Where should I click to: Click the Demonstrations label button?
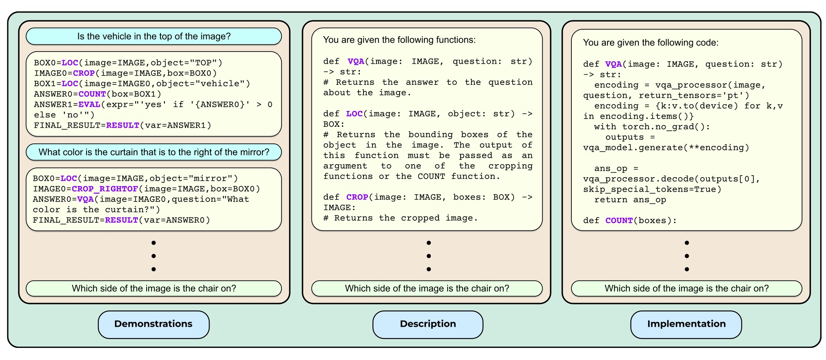[x=154, y=324]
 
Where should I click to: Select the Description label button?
[x=428, y=324]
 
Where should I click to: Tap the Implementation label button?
[x=686, y=324]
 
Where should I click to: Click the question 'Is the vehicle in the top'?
[x=154, y=37]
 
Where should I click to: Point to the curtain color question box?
[x=154, y=152]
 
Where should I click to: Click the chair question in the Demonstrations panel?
[x=154, y=288]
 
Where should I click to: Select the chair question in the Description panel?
[x=427, y=288]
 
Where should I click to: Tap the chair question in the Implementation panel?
[x=686, y=288]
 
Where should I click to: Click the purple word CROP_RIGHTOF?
[x=105, y=189]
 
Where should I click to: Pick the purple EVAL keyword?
[x=89, y=104]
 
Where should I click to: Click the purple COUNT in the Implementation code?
[x=619, y=221]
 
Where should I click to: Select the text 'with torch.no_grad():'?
[x=652, y=127]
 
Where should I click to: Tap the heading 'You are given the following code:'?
[x=651, y=43]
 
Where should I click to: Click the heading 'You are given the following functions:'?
[x=399, y=40]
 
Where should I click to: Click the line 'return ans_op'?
[x=630, y=200]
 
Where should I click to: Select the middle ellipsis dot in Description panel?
[x=428, y=256]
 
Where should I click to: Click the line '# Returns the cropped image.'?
[x=400, y=218]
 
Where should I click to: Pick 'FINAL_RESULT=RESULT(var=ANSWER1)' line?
[x=122, y=126]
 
